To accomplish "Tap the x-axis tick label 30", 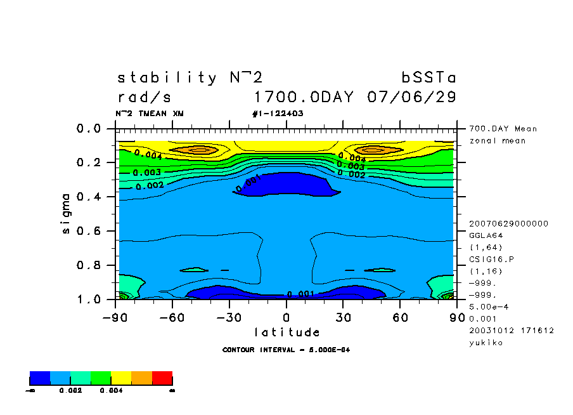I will tap(344, 317).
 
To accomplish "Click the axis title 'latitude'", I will tap(286, 333).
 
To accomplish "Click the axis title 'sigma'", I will tap(67, 214).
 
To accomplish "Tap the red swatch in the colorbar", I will tap(162, 378).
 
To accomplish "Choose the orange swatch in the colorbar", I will tap(141, 378).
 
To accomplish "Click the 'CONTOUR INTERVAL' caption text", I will tap(286, 350).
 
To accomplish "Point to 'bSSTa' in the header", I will tap(428, 78).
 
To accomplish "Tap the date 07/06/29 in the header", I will tap(411, 98).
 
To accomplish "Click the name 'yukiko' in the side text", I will tap(486, 343).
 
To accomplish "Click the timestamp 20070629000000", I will tap(509, 223).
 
